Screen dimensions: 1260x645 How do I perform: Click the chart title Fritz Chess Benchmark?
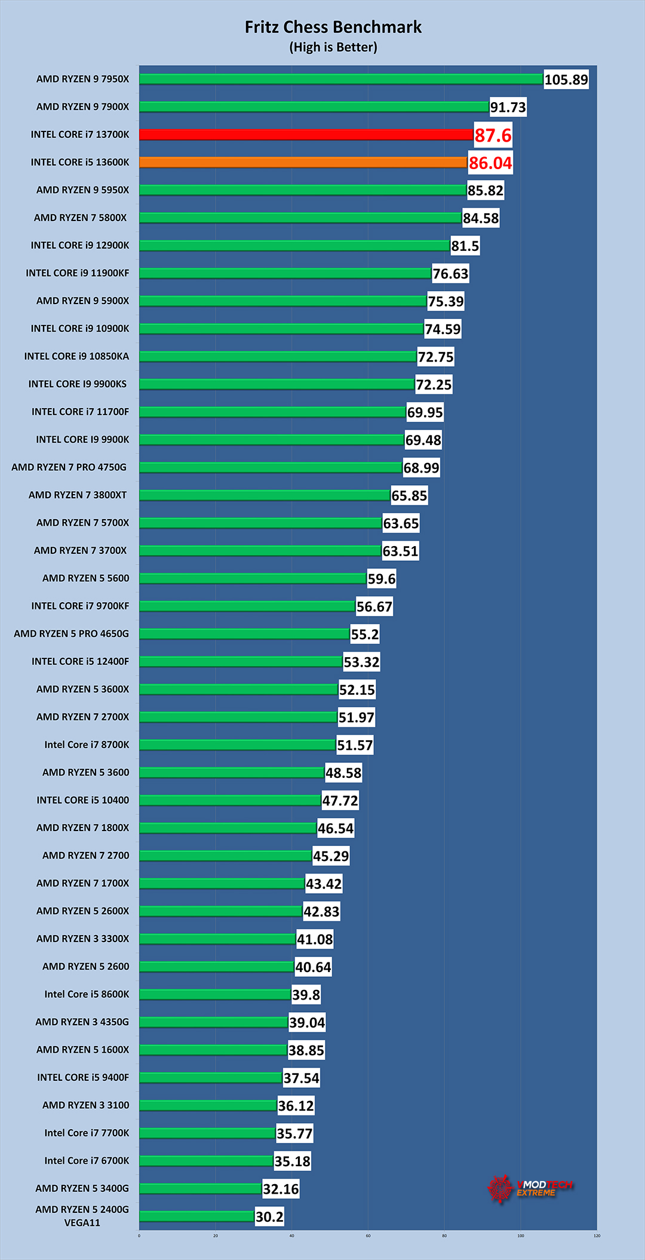point(333,27)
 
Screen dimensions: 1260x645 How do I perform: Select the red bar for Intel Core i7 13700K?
point(306,134)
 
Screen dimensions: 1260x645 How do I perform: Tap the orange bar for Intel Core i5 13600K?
point(303,162)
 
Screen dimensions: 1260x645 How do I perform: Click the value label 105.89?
point(566,79)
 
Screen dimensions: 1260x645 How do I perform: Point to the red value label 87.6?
point(493,135)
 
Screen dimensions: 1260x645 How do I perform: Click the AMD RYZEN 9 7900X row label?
point(82,106)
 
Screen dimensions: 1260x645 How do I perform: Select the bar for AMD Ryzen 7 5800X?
point(300,217)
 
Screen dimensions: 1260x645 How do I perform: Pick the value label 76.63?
point(450,274)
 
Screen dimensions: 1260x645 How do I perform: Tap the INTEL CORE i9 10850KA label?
point(76,356)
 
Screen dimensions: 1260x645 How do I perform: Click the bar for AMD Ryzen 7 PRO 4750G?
point(271,467)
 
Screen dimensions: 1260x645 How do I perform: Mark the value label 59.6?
point(381,579)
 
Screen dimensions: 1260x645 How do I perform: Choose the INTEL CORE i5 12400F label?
point(80,661)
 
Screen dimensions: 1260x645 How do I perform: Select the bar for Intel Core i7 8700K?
point(237,744)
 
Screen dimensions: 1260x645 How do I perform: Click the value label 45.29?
point(331,856)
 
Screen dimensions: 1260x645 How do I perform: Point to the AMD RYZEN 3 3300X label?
point(82,939)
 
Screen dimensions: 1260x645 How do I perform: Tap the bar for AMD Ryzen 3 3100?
point(208,1105)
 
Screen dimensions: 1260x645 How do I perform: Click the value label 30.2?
point(269,1217)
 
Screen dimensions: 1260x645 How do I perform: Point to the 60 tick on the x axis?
point(368,1236)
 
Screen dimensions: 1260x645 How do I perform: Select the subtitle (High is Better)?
point(333,47)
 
